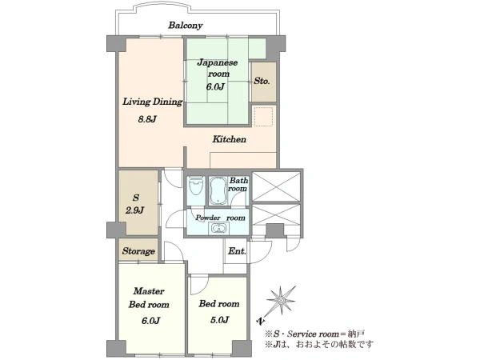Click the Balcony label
(186, 25)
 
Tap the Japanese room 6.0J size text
(215, 86)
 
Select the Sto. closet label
(262, 81)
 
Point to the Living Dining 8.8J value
(147, 118)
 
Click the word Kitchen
(230, 139)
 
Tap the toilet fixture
(196, 186)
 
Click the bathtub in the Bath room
(218, 190)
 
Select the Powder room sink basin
(218, 228)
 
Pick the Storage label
(138, 251)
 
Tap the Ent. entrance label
(237, 251)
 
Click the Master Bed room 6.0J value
(150, 321)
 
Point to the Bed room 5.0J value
(219, 320)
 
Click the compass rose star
(281, 300)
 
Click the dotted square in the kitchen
(263, 117)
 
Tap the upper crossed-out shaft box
(276, 186)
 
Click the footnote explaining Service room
(315, 334)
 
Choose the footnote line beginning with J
(319, 344)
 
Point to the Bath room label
(238, 184)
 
